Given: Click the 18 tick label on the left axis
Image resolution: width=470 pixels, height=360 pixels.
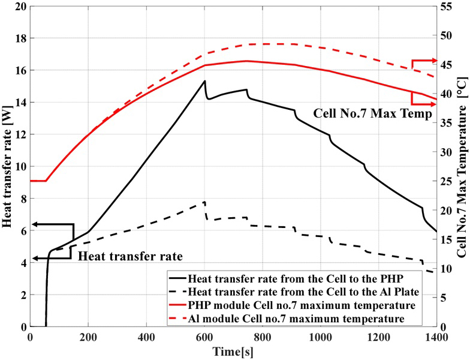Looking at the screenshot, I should coord(19,38).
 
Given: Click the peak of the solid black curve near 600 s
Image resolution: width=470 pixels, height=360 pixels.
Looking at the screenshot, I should coord(204,81).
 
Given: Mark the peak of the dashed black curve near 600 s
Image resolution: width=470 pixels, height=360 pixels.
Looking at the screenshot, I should coord(204,202).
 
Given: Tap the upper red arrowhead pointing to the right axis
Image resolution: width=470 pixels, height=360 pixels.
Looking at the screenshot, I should coord(433,61).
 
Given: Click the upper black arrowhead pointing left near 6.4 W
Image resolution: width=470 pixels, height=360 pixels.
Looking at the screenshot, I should coord(35,224).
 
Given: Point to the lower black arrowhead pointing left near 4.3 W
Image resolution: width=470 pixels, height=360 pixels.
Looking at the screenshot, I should coord(35,258).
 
